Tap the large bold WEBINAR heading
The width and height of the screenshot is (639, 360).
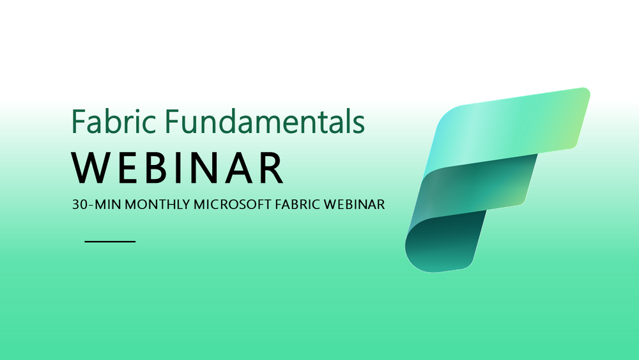[178, 168]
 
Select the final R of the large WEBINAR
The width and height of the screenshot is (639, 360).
[271, 168]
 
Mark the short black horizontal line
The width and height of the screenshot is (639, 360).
[110, 242]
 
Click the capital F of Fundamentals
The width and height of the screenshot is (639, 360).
[174, 121]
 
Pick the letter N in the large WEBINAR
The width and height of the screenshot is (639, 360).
[208, 168]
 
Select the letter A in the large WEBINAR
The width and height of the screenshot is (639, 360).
[240, 168]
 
